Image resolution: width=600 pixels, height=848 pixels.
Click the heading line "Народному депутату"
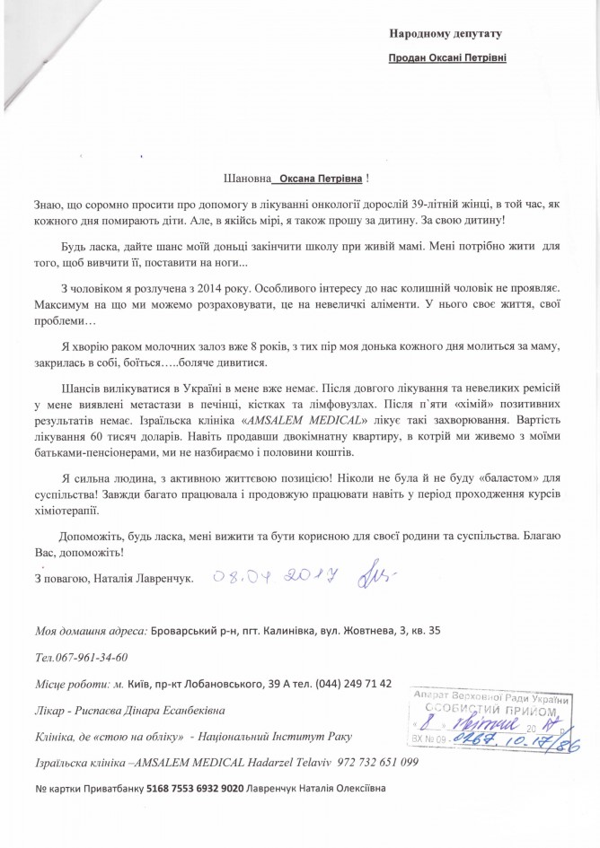[444, 34]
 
